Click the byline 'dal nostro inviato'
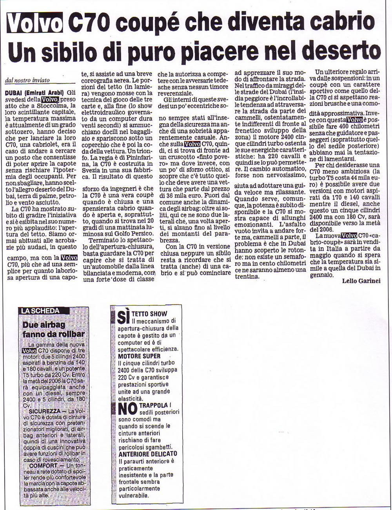(27, 80)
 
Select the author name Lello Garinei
(361, 281)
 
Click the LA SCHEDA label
(40, 311)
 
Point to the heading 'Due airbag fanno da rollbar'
(53, 329)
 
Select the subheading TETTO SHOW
(149, 314)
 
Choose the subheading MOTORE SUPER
(139, 356)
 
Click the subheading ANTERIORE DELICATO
(147, 454)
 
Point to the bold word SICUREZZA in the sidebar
(44, 412)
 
